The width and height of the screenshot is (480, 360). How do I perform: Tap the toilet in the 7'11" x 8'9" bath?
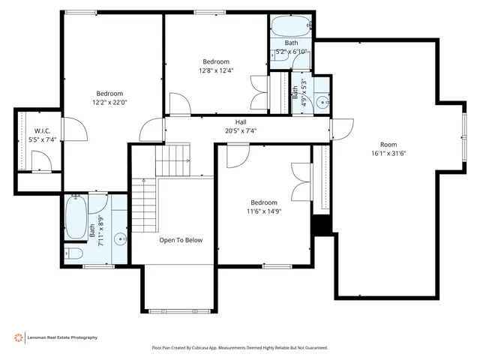click(75, 253)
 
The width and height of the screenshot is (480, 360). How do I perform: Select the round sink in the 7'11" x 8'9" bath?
click(120, 240)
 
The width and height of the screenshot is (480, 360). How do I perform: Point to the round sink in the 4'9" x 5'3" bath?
click(322, 102)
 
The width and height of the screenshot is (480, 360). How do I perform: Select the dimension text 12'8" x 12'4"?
click(216, 71)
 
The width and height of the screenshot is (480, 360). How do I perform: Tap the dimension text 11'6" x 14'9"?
click(264, 212)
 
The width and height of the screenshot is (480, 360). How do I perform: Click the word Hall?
click(241, 121)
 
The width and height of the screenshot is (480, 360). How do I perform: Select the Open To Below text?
click(181, 241)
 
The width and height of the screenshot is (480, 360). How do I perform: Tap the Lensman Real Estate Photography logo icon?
click(18, 337)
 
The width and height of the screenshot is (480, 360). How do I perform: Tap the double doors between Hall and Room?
click(342, 130)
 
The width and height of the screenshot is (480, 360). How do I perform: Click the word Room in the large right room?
click(388, 145)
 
